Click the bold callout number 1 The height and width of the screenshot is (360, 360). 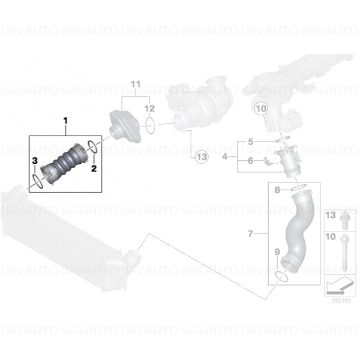[65, 121]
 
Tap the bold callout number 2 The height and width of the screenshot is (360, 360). [94, 168]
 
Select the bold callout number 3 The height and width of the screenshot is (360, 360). [34, 161]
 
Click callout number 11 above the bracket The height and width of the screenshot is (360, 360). [136, 84]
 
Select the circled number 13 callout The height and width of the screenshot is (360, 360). [202, 157]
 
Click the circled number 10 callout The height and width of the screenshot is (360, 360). [261, 109]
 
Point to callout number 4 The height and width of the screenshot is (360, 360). [225, 157]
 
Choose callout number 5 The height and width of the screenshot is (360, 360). [250, 142]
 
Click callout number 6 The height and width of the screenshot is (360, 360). [250, 161]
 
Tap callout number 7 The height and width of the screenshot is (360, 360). [250, 234]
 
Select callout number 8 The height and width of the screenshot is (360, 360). [277, 190]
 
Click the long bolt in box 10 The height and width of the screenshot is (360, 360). [344, 253]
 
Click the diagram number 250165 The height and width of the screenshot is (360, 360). [341, 301]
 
